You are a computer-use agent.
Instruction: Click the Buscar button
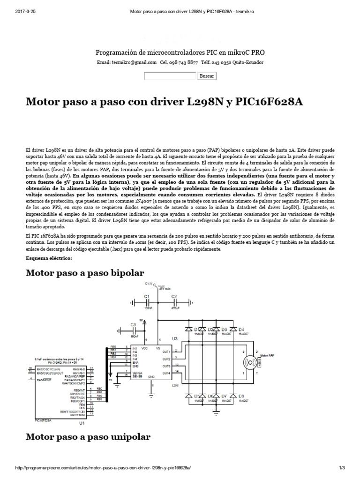207,76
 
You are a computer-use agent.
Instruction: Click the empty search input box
170,76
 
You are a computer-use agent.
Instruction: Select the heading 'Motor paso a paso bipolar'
85,273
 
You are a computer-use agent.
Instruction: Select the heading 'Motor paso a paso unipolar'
88,437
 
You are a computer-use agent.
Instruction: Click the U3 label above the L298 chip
175,338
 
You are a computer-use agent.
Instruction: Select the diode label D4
241,329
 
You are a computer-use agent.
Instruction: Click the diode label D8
241,396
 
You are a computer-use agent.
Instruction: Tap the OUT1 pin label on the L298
166,352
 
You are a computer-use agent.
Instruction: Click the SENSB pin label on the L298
125,375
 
